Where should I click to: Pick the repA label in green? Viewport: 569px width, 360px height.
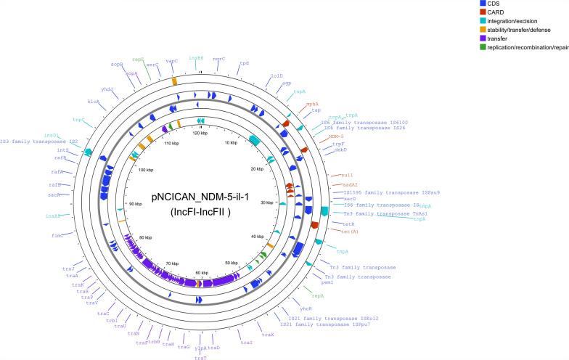(317, 295)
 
